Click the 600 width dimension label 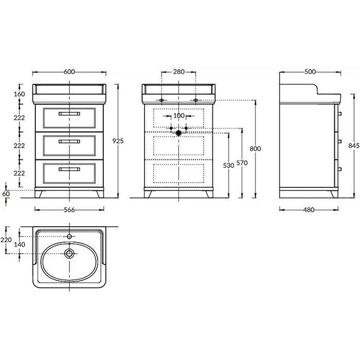tap(69, 72)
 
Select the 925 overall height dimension tap(118, 141)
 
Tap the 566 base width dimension tap(69, 210)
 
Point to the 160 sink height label tap(20, 94)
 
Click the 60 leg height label tap(6, 194)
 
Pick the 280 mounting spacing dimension tap(178, 72)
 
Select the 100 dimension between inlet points tap(178, 116)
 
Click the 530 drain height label tap(228, 165)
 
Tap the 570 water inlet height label tap(242, 163)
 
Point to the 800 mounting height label tap(255, 149)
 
